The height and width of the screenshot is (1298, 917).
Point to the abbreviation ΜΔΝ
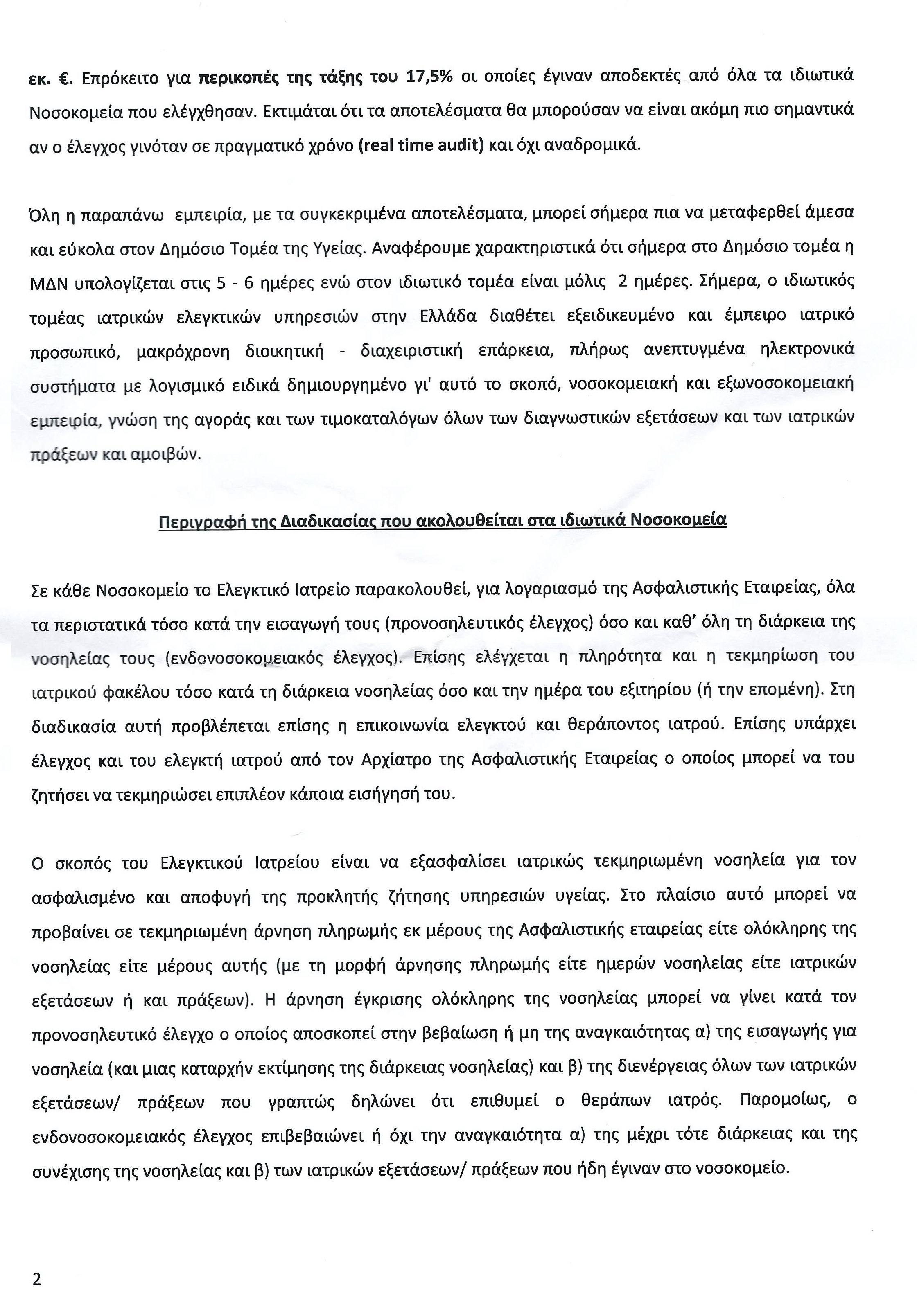click(49, 283)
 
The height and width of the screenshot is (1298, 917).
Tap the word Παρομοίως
click(784, 1101)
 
